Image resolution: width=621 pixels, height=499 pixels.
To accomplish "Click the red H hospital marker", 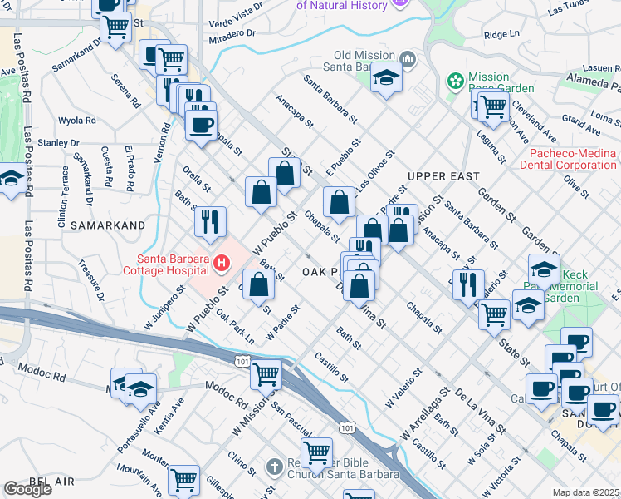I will pyautogui.click(x=222, y=264).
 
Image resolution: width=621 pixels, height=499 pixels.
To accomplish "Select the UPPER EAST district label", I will pyautogui.click(x=443, y=176).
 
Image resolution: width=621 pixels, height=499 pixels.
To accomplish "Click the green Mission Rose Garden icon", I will pyautogui.click(x=455, y=81).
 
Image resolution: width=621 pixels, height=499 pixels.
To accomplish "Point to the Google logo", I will pyautogui.click(x=27, y=489).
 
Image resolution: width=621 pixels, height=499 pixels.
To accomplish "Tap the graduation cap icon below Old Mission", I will pyautogui.click(x=386, y=79).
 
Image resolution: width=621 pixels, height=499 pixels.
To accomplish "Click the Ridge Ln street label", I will pyautogui.click(x=501, y=35).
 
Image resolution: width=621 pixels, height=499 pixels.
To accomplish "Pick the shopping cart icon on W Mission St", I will pyautogui.click(x=266, y=375).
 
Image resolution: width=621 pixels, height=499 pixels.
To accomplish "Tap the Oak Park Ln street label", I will pyautogui.click(x=233, y=328).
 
